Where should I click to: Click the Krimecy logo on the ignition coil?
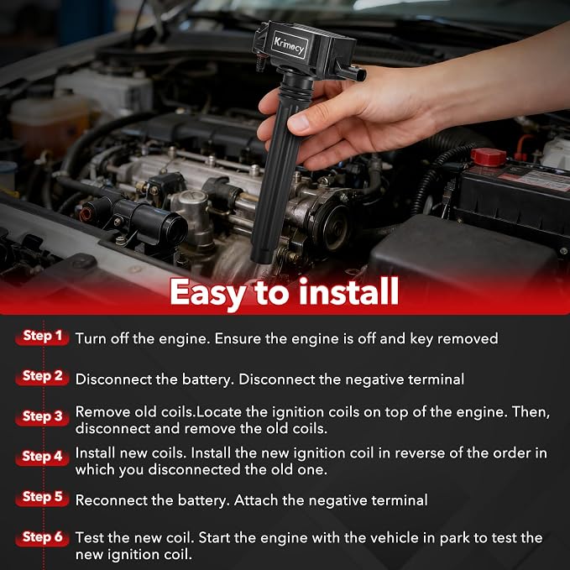point(290,44)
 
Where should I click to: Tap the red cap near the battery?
point(489,157)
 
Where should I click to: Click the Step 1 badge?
point(42,337)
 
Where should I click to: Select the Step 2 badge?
point(42,377)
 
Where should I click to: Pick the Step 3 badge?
point(42,416)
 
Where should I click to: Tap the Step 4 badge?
point(42,457)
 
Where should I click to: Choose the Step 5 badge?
point(42,497)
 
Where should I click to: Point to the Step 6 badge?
point(42,537)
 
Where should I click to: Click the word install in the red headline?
point(349,290)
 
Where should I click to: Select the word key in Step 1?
point(421,339)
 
